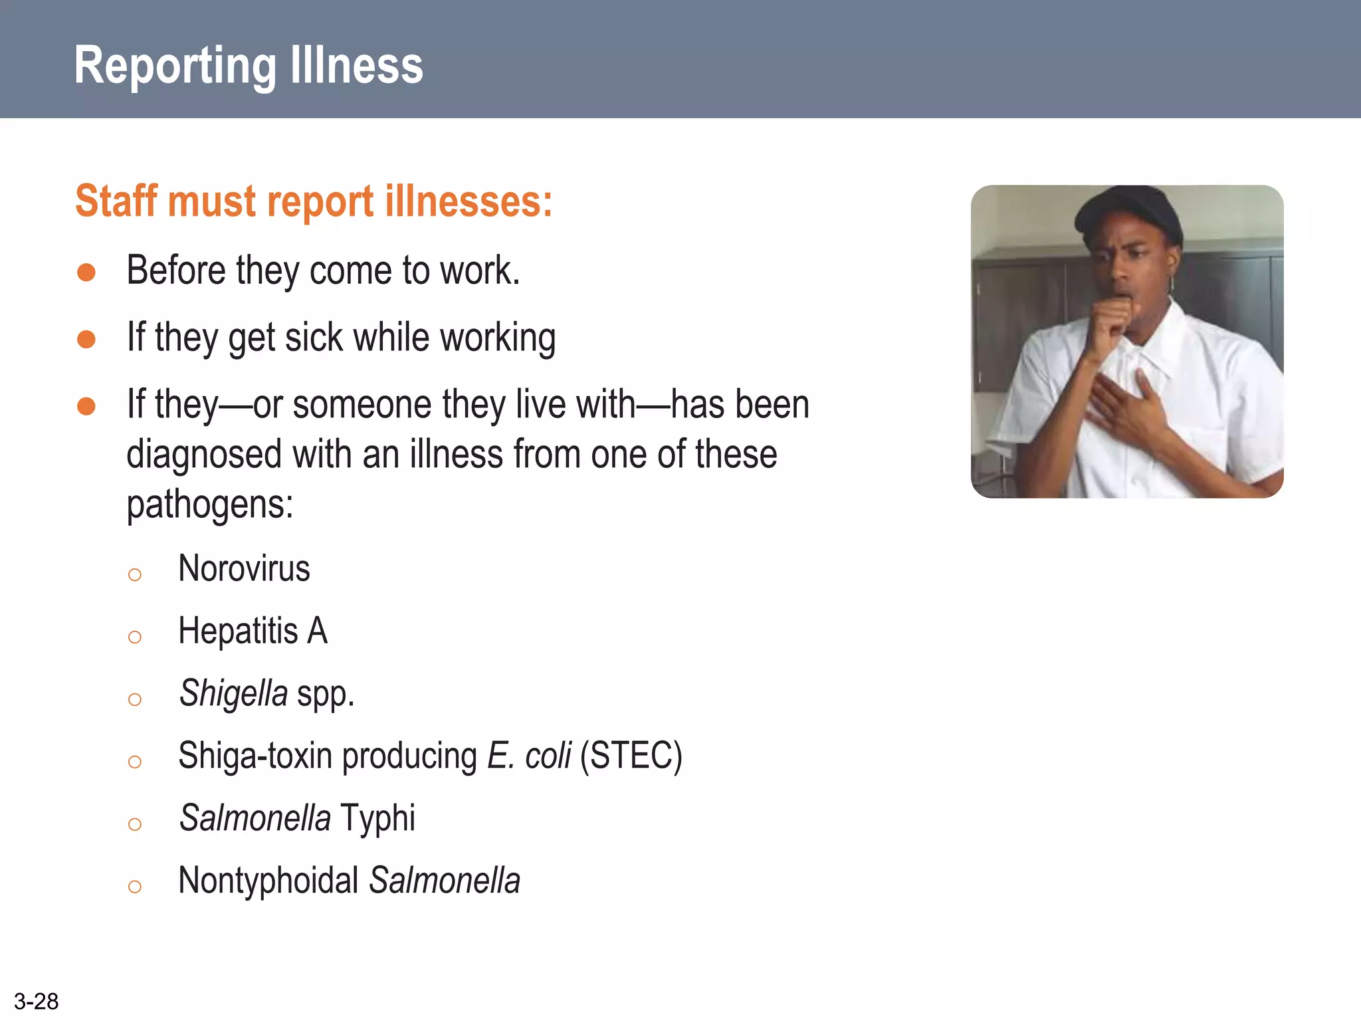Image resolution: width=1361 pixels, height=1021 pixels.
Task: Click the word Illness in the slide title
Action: [357, 65]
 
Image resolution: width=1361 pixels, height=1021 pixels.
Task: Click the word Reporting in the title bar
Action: [175, 66]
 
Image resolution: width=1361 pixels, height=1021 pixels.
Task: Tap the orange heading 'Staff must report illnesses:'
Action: [314, 201]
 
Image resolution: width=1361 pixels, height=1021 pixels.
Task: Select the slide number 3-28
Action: [36, 1001]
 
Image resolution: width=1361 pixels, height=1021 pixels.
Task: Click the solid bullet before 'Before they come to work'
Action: [86, 272]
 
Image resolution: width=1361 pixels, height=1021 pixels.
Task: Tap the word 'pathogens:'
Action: [210, 505]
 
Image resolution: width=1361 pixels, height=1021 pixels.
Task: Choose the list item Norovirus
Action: [244, 569]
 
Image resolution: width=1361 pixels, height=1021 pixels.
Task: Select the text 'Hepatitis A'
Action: [253, 631]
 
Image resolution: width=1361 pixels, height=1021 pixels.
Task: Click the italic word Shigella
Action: [233, 693]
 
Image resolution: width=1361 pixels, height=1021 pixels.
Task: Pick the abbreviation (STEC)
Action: [631, 756]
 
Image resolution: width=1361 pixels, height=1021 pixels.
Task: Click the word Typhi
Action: [377, 818]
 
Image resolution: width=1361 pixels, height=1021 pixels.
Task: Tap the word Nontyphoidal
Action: [268, 881]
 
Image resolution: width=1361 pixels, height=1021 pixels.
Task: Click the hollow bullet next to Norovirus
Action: [135, 574]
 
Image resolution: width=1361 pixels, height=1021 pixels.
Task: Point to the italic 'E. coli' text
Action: [529, 756]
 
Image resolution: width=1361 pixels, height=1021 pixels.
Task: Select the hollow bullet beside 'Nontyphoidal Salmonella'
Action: [135, 886]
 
